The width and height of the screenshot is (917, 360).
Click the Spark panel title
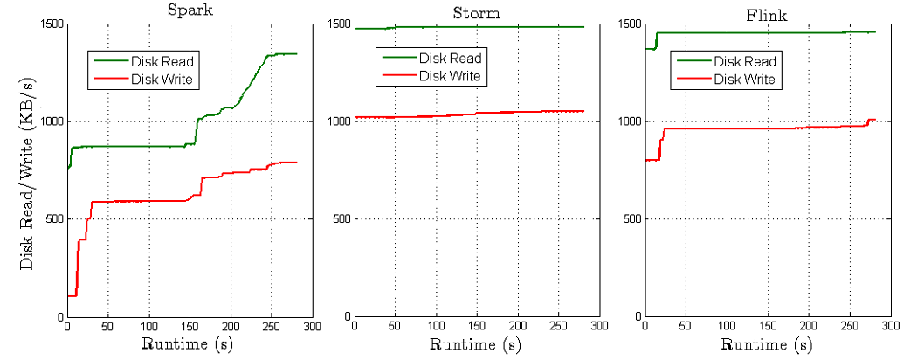(191, 10)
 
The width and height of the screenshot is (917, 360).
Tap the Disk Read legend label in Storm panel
(450, 59)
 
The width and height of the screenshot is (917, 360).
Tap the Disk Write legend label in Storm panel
(450, 76)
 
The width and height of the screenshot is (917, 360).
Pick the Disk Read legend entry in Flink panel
(745, 61)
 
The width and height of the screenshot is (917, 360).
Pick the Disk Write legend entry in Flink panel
(745, 80)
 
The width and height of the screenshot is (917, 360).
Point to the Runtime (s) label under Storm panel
(477, 343)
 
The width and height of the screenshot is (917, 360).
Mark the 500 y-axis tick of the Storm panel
(340, 218)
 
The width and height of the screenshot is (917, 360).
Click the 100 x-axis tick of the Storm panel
(436, 327)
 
